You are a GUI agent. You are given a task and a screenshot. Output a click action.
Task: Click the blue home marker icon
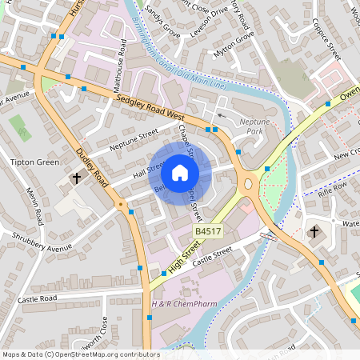click(x=180, y=173)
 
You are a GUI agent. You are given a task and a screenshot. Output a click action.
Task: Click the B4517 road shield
click(x=208, y=232)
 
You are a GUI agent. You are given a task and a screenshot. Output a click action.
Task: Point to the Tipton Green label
click(x=34, y=162)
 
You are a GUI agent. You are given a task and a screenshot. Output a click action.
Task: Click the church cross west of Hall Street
click(x=78, y=178)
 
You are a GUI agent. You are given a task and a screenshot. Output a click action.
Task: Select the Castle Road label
click(x=38, y=298)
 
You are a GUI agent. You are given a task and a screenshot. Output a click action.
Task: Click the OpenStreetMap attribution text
click(x=80, y=354)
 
